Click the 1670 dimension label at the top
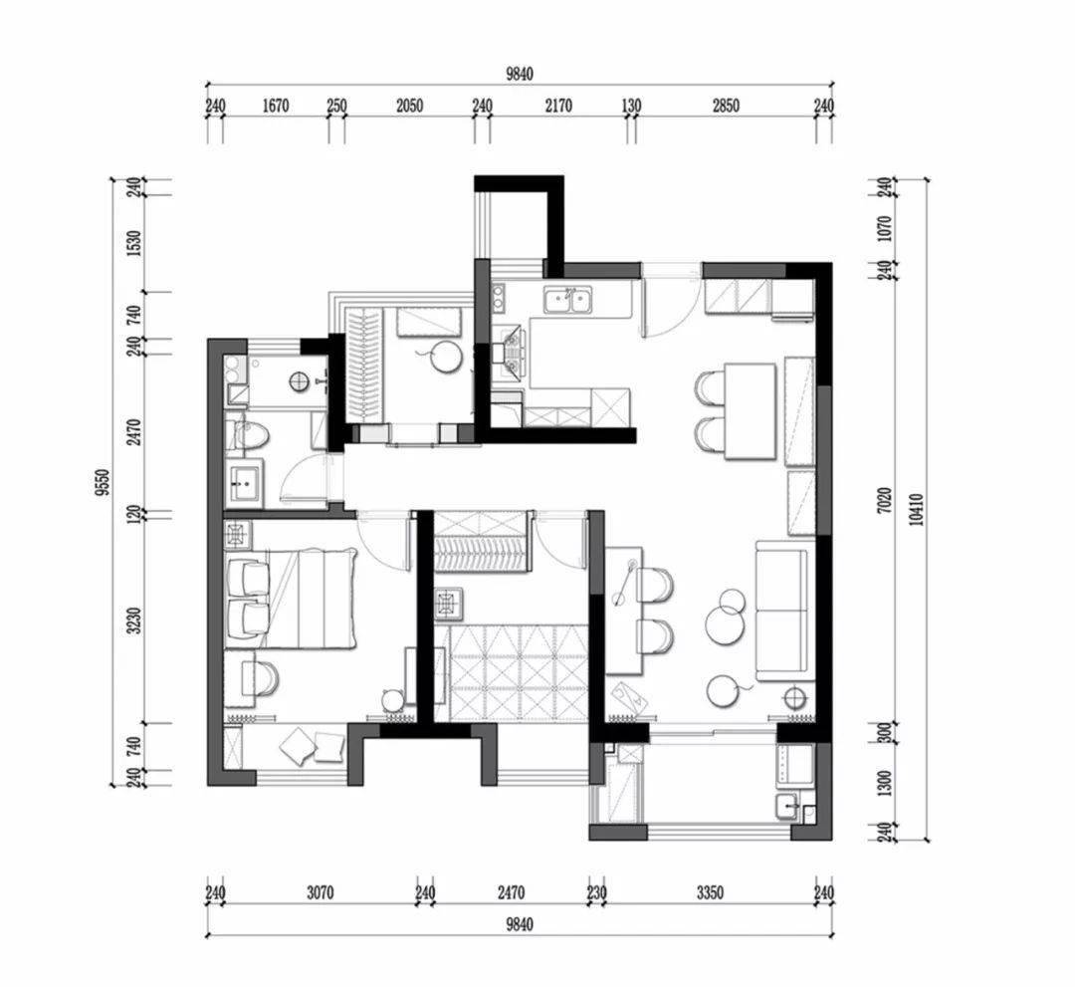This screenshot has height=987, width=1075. pos(276,106)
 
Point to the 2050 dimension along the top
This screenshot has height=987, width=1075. pos(409,106)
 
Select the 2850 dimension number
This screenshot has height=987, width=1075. pos(726,106)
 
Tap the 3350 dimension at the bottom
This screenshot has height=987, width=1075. pos(711,893)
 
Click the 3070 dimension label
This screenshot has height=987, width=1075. pos(321,893)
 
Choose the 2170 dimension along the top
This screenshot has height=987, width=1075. pos(558,106)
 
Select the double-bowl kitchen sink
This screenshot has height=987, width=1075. pos(569,301)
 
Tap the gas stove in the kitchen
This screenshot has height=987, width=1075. pos(513,354)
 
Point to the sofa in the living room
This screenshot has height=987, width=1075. pos(785,611)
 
